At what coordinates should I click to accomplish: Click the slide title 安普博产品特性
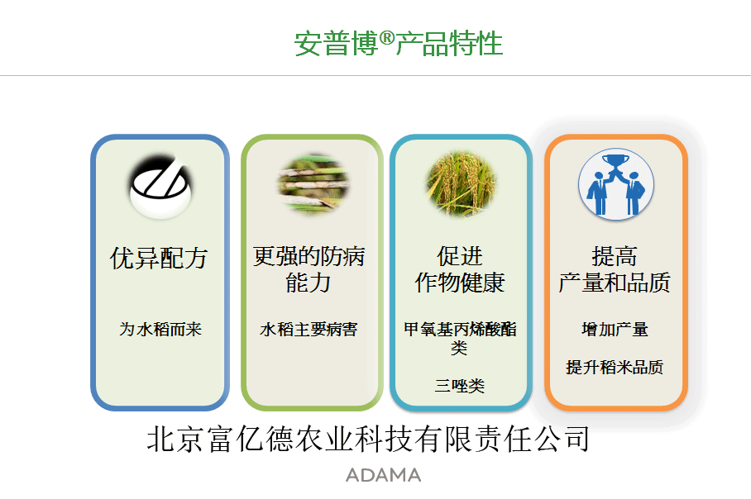(x=399, y=44)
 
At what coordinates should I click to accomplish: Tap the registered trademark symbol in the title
(x=387, y=37)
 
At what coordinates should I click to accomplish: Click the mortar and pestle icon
(x=160, y=187)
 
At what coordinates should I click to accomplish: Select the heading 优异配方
(x=159, y=259)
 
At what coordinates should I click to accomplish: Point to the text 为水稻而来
(x=160, y=329)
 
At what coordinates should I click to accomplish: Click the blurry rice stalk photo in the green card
(x=313, y=183)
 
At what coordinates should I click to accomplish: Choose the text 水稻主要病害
(x=309, y=329)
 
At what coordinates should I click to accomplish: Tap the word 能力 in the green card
(x=309, y=283)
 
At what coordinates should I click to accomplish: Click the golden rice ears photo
(x=461, y=183)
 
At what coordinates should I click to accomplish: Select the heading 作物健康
(x=460, y=283)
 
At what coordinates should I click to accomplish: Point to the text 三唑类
(x=460, y=386)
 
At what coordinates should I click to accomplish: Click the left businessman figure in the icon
(x=597, y=194)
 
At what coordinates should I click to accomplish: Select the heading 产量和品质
(x=615, y=283)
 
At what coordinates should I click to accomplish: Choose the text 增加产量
(x=615, y=329)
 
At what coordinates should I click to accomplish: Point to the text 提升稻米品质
(x=615, y=368)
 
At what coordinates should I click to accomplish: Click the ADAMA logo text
(x=383, y=475)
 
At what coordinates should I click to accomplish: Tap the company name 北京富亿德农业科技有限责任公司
(x=368, y=439)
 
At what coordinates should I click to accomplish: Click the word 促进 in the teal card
(x=460, y=256)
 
